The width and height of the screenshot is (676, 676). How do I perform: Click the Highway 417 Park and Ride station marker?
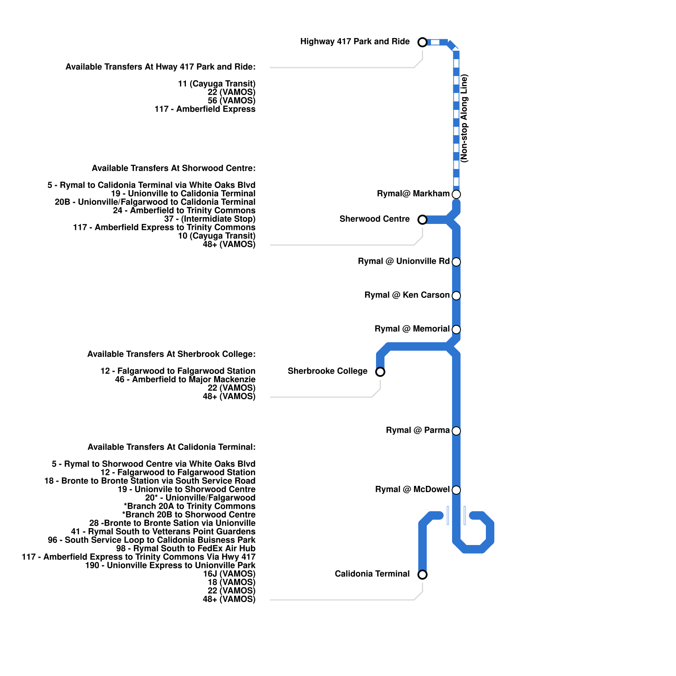coord(422,42)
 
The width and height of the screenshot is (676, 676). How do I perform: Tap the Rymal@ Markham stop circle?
coord(456,194)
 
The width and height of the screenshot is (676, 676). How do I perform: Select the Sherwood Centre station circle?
coord(422,220)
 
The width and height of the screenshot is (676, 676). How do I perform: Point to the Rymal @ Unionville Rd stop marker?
coord(456,262)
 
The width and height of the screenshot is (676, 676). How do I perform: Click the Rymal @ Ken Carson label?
coord(407,295)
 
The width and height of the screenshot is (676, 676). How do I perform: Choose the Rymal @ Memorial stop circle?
coord(456,330)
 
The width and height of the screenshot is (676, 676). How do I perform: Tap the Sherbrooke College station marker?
coord(380,372)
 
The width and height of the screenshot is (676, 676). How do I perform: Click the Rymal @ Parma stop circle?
coord(456,431)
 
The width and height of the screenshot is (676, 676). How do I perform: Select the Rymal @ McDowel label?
coord(412,490)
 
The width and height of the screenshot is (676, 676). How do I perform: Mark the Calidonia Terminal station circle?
coord(422,575)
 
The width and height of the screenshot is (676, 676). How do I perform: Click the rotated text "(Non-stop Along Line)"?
coord(465,118)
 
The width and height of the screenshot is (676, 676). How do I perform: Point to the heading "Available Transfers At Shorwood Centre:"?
coord(174,169)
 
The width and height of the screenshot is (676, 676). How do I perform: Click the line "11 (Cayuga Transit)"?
coord(216,84)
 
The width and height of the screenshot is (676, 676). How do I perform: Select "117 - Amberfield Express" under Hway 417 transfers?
coord(205,109)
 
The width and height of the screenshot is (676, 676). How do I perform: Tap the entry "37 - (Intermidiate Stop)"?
coord(210,219)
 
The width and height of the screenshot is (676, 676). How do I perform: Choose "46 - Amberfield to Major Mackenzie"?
coord(185,380)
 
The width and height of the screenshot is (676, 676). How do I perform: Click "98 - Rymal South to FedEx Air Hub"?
coord(185,549)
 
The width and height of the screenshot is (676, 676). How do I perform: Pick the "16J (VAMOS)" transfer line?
coord(229,574)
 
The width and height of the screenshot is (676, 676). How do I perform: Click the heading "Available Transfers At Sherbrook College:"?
coord(171,354)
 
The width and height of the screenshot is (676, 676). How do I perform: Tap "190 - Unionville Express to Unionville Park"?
coord(170,566)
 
